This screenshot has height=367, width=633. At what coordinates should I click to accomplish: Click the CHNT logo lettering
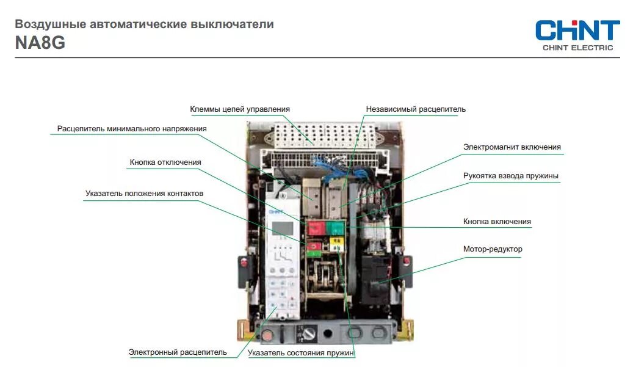tap(577, 31)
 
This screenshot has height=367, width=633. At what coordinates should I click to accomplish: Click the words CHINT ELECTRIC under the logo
tap(577, 48)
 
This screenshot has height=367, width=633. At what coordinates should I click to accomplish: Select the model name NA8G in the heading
tap(40, 43)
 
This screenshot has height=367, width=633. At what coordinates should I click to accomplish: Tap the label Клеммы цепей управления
tap(240, 109)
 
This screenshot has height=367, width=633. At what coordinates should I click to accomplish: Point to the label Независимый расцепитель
tap(416, 109)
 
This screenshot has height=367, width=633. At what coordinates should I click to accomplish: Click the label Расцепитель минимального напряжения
tap(132, 129)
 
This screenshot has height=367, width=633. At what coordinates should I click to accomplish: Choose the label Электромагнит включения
tap(512, 147)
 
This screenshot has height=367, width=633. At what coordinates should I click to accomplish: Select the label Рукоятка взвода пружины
tap(510, 176)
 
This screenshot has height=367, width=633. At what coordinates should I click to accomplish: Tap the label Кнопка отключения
tap(165, 162)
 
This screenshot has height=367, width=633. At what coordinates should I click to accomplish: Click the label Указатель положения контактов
tap(144, 194)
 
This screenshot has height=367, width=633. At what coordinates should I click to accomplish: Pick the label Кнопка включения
tap(497, 222)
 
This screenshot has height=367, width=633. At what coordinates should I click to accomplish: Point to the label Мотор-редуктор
tap(493, 249)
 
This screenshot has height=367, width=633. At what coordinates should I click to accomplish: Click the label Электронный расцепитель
tap(178, 352)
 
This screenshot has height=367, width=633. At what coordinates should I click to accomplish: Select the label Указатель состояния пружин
tap(301, 353)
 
